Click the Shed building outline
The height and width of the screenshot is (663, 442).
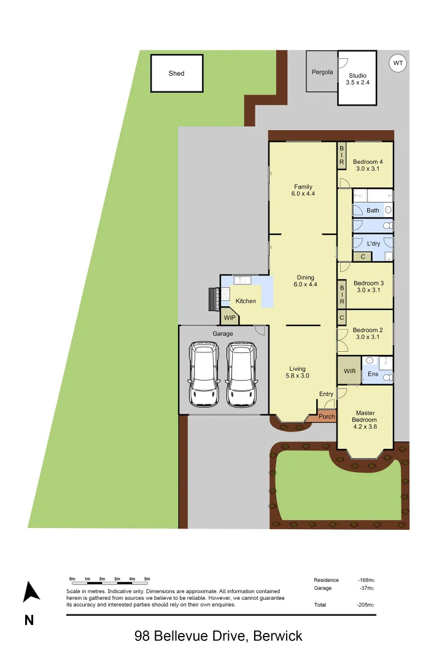(177, 74)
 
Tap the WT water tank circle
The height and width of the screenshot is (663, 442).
(398, 63)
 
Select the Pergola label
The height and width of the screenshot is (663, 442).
(322, 72)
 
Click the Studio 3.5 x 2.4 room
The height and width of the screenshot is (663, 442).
(357, 79)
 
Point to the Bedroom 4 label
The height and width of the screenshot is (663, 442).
(368, 162)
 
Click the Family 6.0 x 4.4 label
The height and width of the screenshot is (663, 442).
(303, 190)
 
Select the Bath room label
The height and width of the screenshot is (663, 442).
(373, 211)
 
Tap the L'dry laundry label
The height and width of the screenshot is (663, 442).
(373, 244)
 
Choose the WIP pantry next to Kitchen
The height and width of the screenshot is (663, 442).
(230, 318)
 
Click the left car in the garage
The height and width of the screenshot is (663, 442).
(204, 374)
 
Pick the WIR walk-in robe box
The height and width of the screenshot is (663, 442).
(349, 371)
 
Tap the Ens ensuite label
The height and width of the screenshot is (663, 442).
(373, 374)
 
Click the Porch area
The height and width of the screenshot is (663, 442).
(327, 417)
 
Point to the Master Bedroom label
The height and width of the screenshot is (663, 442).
(364, 417)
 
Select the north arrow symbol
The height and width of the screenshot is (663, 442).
(31, 592)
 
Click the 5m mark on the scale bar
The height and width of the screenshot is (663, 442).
(147, 579)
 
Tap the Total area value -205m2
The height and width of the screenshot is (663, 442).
(366, 605)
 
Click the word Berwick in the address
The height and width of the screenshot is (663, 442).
(277, 636)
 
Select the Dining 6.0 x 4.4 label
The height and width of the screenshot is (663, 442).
(305, 281)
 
